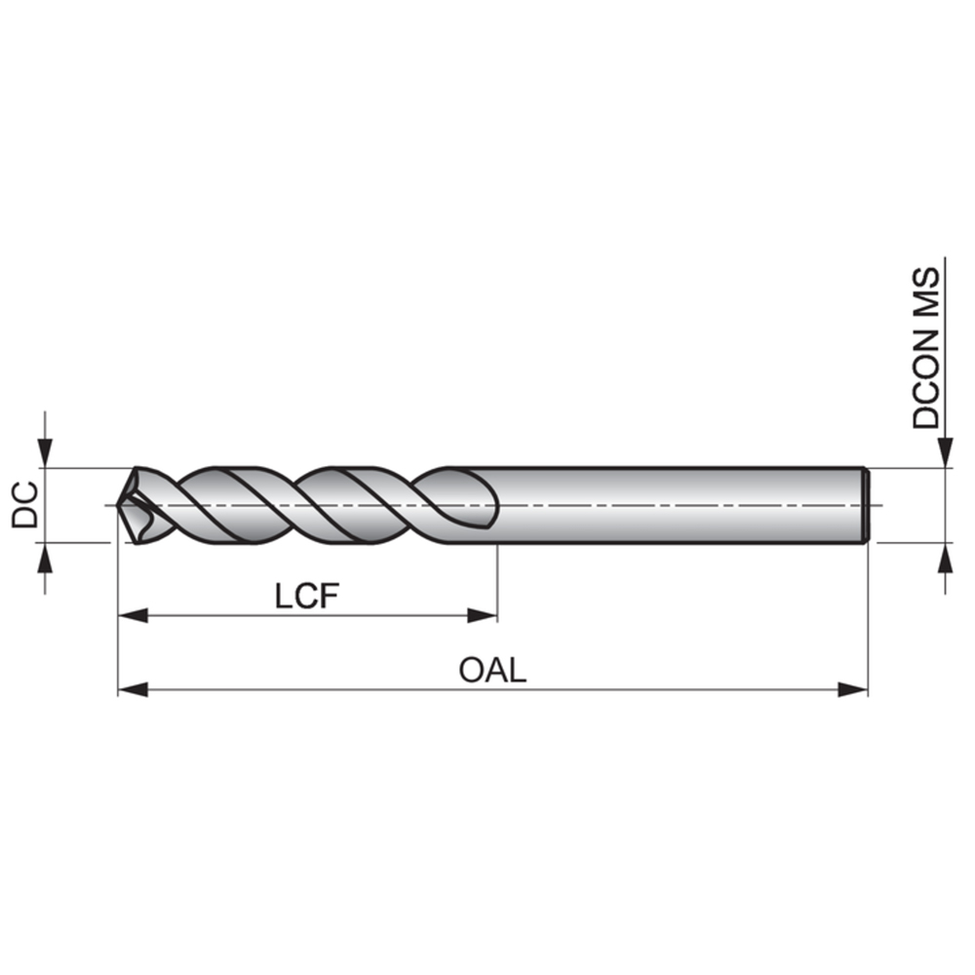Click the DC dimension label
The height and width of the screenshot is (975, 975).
tap(25, 504)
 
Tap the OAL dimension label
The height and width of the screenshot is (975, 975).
tap(492, 671)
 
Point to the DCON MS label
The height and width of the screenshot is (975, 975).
tap(926, 348)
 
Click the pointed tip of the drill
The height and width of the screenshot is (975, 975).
tap(120, 505)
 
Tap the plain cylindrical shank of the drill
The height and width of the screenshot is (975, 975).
tap(682, 504)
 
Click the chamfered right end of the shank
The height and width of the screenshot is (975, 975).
tap(865, 504)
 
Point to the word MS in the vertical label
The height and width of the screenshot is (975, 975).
tap(926, 292)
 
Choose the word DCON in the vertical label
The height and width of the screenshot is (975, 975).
tap(926, 380)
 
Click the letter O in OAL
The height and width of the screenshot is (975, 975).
tap(471, 671)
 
